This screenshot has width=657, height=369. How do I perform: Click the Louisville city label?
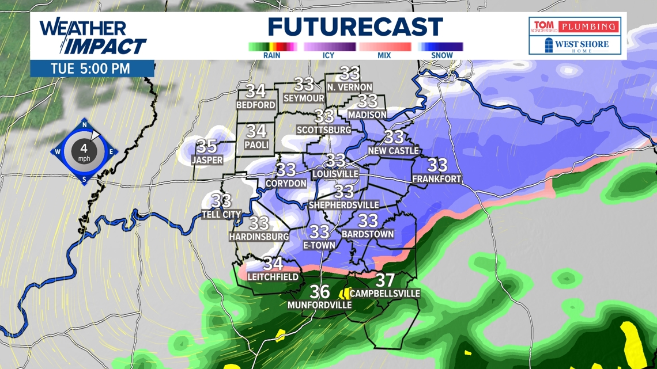tap(335, 173)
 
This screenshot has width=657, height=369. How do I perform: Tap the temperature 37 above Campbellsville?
tap(384, 280)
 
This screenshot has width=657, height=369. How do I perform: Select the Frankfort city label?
tap(437, 179)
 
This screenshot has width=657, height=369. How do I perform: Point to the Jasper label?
tap(207, 160)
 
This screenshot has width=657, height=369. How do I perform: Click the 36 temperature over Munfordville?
tap(320, 291)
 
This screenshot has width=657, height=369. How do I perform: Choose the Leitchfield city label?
tap(273, 277)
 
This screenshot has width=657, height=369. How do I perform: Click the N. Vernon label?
tap(350, 88)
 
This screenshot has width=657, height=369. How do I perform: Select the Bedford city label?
tap(256, 105)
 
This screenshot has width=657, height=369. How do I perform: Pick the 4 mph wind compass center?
tap(84, 151)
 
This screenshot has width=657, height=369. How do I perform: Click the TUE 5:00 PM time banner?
tap(90, 69)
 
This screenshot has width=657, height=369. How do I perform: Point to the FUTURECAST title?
tap(355, 27)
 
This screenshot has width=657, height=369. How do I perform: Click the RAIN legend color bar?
tap(272, 47)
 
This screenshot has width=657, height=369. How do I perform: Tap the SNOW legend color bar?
tap(441, 47)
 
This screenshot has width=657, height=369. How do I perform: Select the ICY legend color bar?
tap(329, 47)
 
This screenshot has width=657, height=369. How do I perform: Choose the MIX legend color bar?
tap(385, 47)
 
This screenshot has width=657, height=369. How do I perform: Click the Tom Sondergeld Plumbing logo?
tap(575, 26)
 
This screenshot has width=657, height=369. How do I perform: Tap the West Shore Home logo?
tap(575, 45)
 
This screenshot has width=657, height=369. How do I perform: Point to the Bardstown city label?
tap(368, 234)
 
